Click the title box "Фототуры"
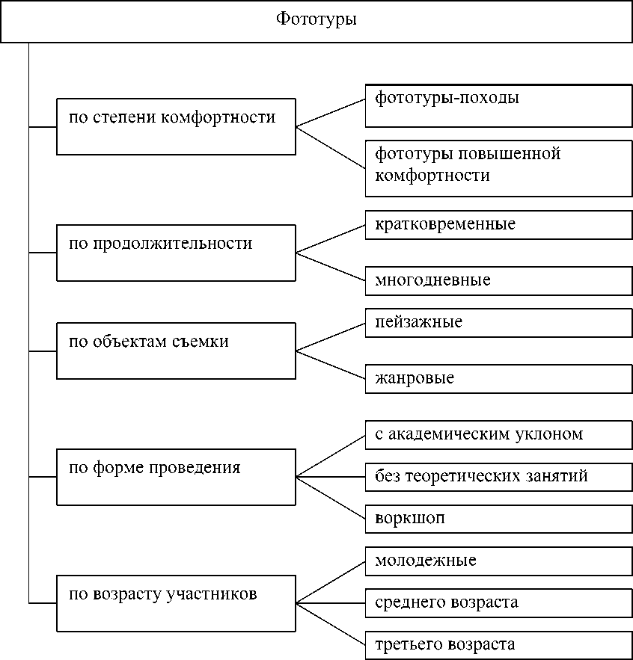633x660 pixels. (316, 20)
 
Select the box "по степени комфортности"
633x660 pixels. (176, 126)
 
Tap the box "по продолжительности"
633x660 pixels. (176, 253)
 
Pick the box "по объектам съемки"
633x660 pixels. (176, 351)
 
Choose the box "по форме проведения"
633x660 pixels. (176, 477)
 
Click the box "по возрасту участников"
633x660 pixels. (176, 602)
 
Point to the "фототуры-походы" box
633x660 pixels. (498, 105)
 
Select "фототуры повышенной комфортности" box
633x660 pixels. (498, 168)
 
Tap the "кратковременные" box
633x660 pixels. (498, 224)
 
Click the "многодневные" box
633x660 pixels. (498, 280)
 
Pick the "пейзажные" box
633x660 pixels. (498, 323)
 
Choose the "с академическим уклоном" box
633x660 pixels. (498, 434)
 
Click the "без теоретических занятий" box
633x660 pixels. (498, 476)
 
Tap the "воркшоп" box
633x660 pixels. (498, 518)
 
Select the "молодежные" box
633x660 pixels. (498, 561)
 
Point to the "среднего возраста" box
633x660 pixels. (498, 602)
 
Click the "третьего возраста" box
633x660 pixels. (498, 644)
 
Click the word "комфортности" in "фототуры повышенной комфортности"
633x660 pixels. (432, 176)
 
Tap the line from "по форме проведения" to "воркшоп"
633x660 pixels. (331, 497)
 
